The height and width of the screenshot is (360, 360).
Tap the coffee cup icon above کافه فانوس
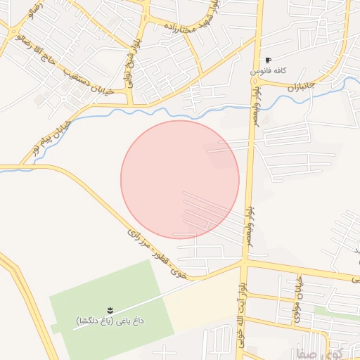point(268,60)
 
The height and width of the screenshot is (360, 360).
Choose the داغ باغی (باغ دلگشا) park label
point(110,321)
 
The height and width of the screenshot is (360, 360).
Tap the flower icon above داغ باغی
point(110,309)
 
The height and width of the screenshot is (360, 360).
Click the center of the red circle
point(180,179)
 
